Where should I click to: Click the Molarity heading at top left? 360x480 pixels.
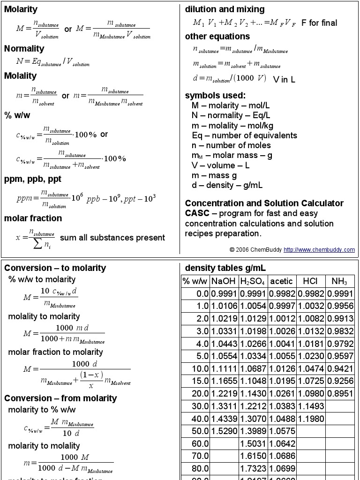21,9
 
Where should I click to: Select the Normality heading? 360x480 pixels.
24,49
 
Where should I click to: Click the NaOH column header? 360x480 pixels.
224,281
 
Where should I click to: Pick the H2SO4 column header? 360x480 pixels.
253,281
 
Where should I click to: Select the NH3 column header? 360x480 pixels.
339,281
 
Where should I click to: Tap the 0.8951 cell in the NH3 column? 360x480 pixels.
339,391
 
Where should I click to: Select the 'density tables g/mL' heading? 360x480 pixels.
225,268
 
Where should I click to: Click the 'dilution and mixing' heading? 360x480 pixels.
225,9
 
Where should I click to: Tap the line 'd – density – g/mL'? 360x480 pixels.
227,185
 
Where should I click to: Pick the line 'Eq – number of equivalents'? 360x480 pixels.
244,135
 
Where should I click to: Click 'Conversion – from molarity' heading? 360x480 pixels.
60,398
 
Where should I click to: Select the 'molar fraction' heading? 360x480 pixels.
33,218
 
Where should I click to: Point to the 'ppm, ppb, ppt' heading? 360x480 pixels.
33,179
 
